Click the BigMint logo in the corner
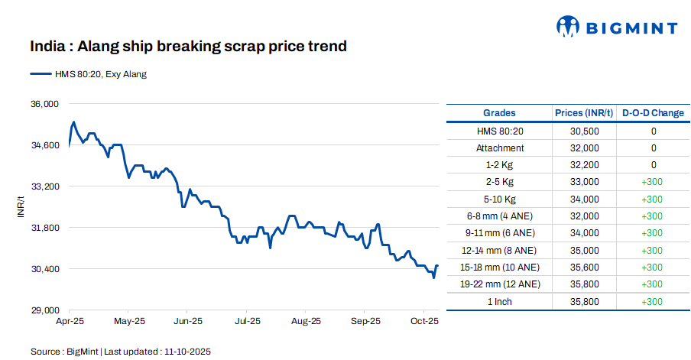point(616,28)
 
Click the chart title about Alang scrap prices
point(189,47)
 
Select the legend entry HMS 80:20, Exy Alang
point(88,74)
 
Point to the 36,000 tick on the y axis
point(44,103)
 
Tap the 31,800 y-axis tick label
point(44,227)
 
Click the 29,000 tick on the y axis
point(44,310)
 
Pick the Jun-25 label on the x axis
point(187,322)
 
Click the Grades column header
point(499,113)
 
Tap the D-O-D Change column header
point(653,113)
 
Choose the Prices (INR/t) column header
point(584,113)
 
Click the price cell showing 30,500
point(584,131)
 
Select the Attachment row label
point(500,148)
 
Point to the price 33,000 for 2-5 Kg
point(584,182)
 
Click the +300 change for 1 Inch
point(653,301)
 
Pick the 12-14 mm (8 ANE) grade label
point(500,250)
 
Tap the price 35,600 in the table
point(584,268)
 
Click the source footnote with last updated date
point(121,352)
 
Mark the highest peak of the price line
point(73,122)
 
